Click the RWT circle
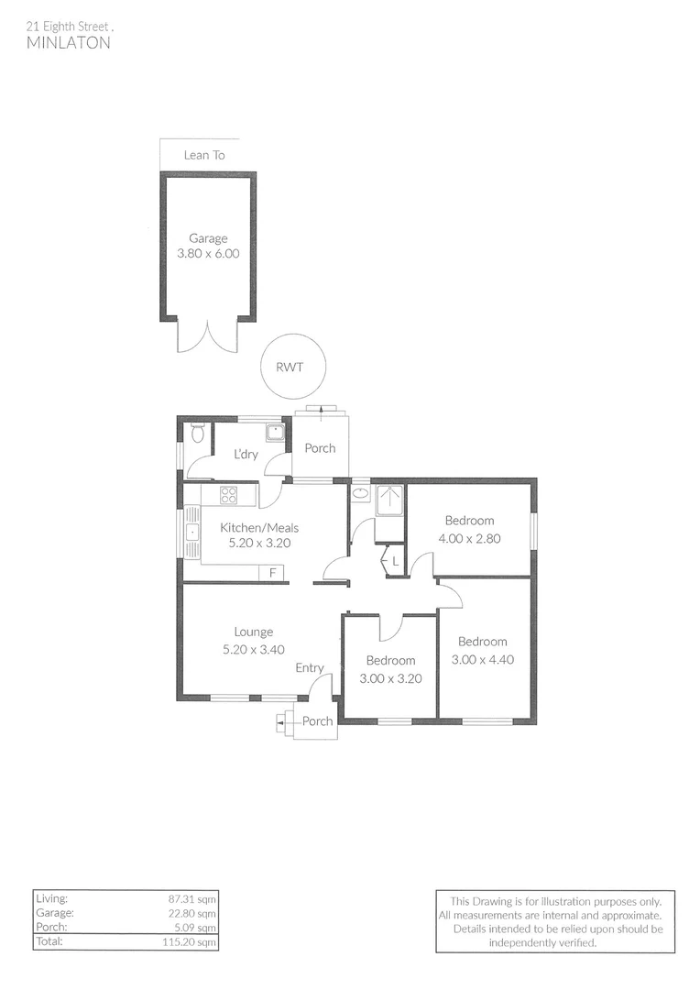[290, 367]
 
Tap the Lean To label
[203, 155]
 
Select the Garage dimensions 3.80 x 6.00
[208, 254]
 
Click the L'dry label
[245, 455]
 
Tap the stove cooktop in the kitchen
[228, 496]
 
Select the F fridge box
[272, 573]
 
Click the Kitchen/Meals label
[259, 527]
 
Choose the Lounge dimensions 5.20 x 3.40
[254, 649]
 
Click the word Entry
[310, 667]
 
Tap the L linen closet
[394, 560]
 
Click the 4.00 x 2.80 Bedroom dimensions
[469, 538]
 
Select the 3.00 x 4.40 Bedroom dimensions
[483, 658]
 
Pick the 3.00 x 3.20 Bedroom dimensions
[390, 678]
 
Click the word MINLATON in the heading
[69, 42]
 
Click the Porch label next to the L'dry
[320, 448]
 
